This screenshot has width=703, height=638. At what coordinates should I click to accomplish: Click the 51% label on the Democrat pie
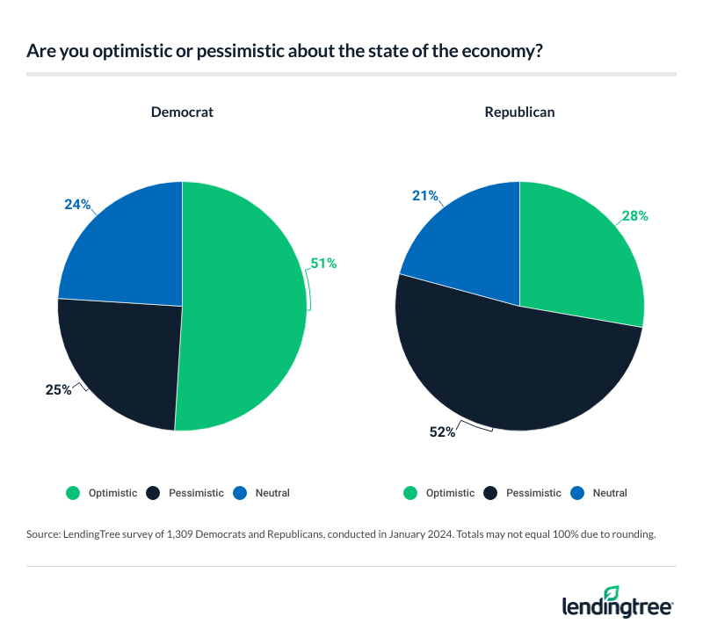[x=323, y=262]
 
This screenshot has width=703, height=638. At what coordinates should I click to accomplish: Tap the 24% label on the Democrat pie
[x=77, y=204]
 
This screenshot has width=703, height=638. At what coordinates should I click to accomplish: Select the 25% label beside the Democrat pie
[x=58, y=389]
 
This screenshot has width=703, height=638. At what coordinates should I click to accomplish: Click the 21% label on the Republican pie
[x=425, y=195]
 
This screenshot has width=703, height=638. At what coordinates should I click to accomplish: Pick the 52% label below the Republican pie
[x=442, y=431]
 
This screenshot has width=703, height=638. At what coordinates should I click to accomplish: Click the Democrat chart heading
[x=182, y=112]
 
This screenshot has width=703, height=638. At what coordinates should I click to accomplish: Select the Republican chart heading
[x=519, y=112]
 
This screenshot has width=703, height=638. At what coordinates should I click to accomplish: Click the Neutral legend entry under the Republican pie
[x=609, y=493]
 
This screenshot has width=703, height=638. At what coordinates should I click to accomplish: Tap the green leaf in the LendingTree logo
[x=612, y=594]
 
